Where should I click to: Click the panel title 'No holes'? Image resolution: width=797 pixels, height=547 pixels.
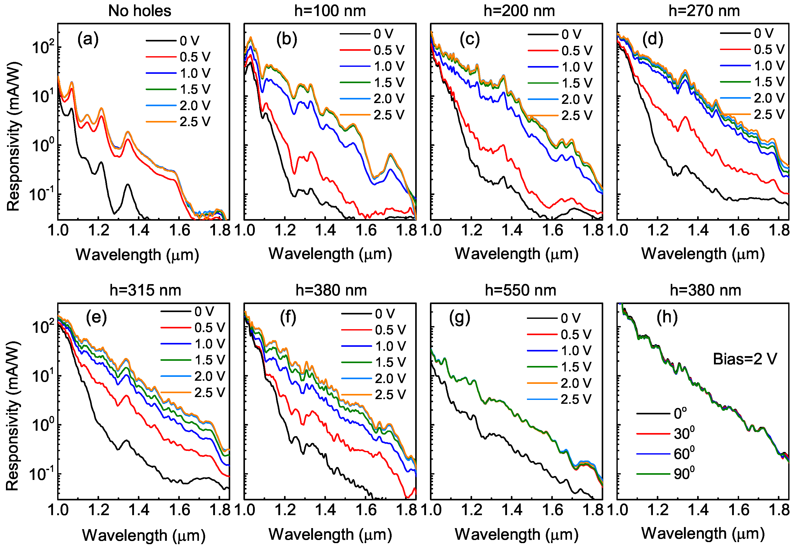click(x=140, y=11)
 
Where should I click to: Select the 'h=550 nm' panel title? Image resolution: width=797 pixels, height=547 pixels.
click(x=520, y=291)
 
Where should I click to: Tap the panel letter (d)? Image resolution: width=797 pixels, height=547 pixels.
click(x=652, y=39)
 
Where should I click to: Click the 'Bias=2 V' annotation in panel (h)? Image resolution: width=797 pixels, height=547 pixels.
click(x=745, y=359)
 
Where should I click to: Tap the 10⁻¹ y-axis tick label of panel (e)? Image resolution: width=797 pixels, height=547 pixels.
click(x=41, y=474)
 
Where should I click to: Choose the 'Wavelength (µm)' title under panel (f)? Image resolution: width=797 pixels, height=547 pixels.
click(x=330, y=534)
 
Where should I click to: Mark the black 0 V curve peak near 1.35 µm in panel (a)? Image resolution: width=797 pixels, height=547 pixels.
click(x=128, y=184)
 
